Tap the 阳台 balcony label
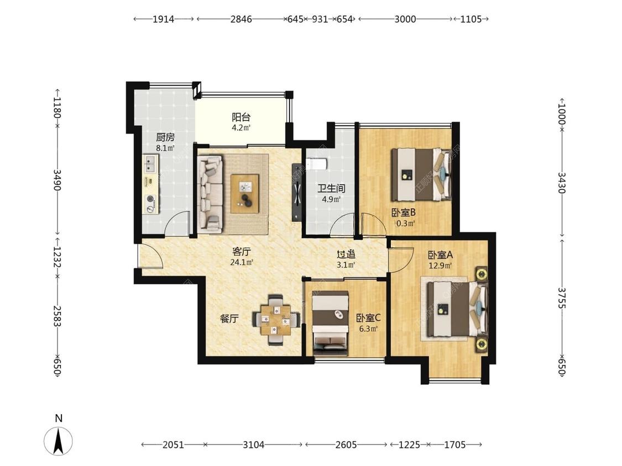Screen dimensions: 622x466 pos(241,117)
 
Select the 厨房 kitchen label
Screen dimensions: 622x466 pos(165,137)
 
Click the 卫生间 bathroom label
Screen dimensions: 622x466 pos(331,188)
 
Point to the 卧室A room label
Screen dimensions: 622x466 pos(440,255)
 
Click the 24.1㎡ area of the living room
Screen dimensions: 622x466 pos(242,262)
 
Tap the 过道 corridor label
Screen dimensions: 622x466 pos(346,255)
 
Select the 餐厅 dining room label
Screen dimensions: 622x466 pos(229,318)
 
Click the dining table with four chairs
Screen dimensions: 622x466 pos(276,319)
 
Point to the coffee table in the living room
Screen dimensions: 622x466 pos(245,194)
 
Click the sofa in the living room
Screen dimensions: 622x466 pos(210,194)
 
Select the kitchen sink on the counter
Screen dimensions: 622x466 pos(151,164)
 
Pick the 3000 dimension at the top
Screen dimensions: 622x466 pos(405,19)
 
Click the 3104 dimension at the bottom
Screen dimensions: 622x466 pos(253,444)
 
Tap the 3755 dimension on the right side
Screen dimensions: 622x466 pos(562,298)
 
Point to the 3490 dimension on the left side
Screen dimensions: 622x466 pos(58,179)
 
